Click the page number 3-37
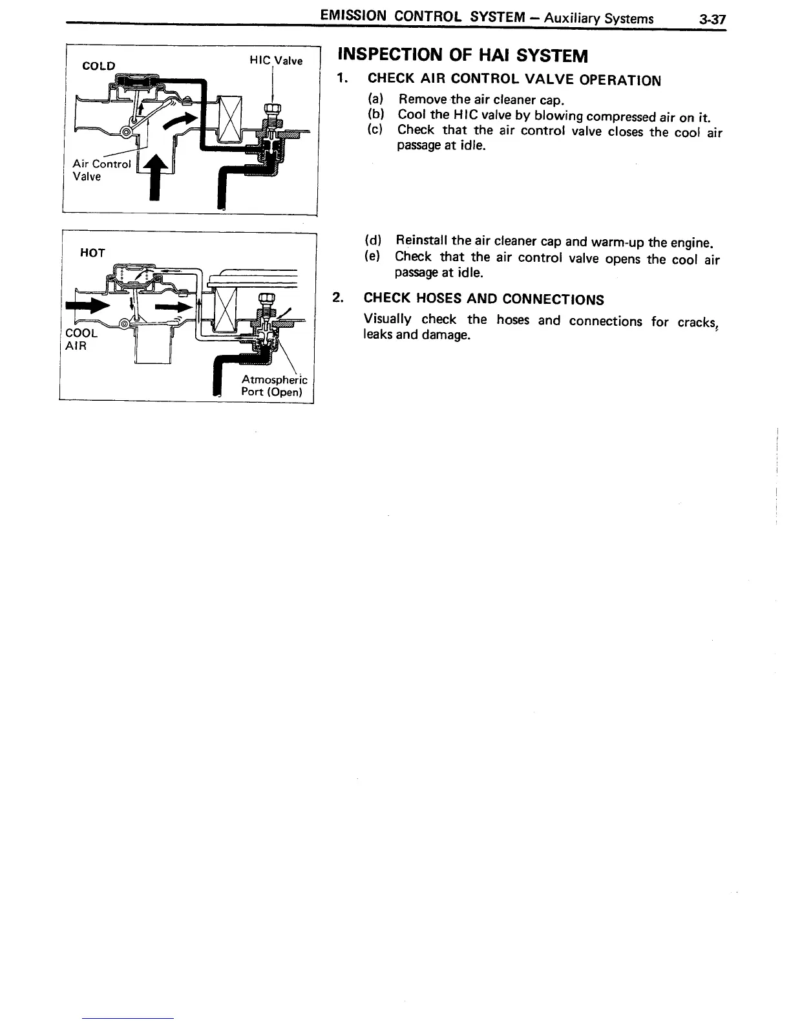tap(712, 19)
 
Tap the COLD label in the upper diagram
tap(99, 66)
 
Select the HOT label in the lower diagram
tap(92, 252)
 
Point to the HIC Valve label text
tap(276, 61)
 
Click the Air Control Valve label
tap(101, 170)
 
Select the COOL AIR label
tap(82, 339)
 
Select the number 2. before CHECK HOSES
tap(337, 297)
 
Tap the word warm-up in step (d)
tap(618, 243)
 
